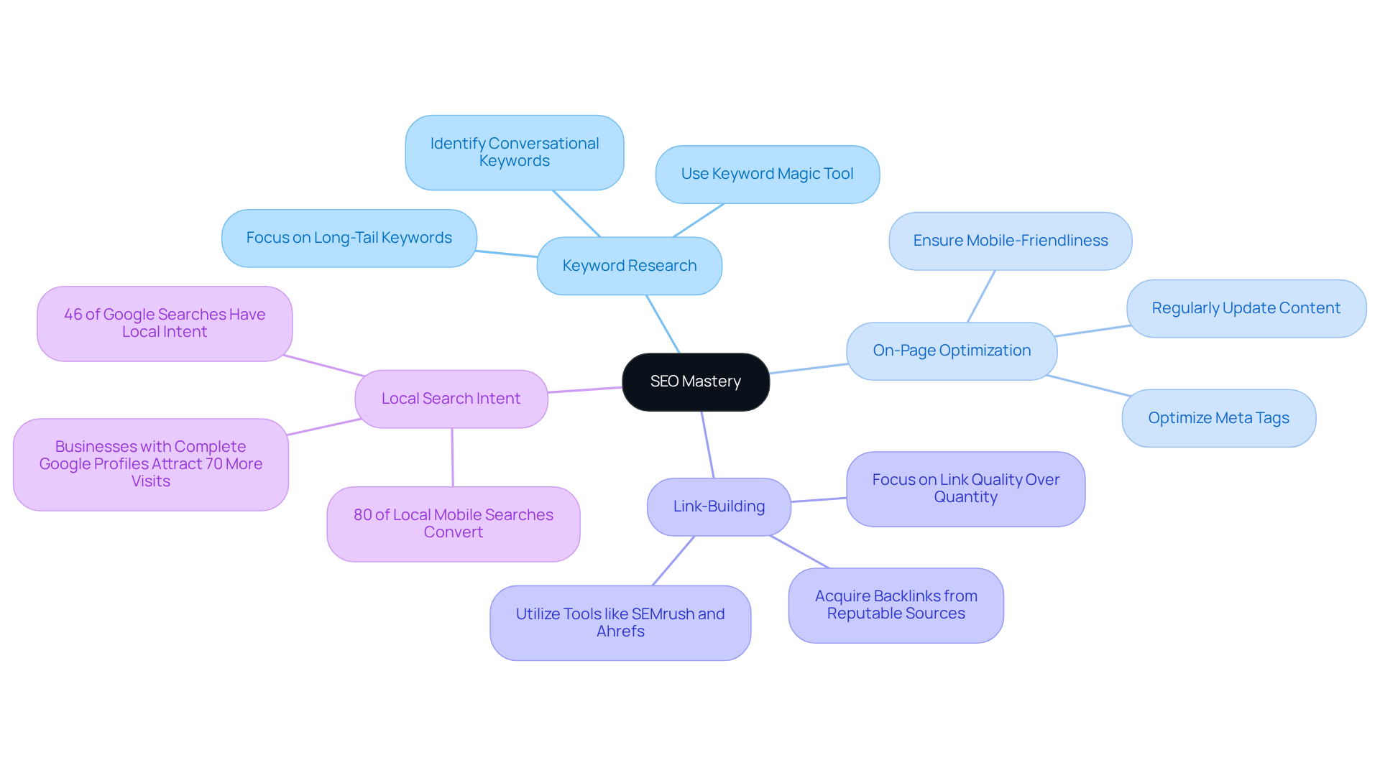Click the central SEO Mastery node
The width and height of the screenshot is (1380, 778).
coord(695,381)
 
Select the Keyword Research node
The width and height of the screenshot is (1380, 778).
coord(629,266)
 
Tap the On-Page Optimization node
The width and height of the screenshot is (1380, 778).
coord(951,351)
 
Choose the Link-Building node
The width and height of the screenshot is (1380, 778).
coord(718,506)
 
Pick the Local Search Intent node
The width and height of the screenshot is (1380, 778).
coord(451,399)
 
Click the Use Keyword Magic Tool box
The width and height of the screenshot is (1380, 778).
coord(767,174)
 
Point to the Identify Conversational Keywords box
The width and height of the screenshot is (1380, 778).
coord(514,152)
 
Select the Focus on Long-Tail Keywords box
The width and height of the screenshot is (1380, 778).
coord(349,238)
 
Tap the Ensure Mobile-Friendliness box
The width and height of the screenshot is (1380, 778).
coord(1010,241)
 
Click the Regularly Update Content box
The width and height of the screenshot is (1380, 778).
coord(1246,308)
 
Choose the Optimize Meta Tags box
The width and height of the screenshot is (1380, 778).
coord(1218,418)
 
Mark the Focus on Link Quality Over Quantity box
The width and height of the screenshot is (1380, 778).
coord(965,488)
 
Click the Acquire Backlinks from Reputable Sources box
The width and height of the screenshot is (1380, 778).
coord(896,605)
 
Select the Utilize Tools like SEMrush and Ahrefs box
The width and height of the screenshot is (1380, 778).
coord(620,623)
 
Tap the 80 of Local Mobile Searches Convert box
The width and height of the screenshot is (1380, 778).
coord(453,524)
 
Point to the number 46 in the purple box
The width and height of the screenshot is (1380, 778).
coord(73,315)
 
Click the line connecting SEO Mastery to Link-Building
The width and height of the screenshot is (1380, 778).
coord(708,445)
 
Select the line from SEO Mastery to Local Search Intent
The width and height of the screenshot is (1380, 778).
coord(585,390)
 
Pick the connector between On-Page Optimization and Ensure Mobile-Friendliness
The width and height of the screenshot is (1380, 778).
coord(981,296)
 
